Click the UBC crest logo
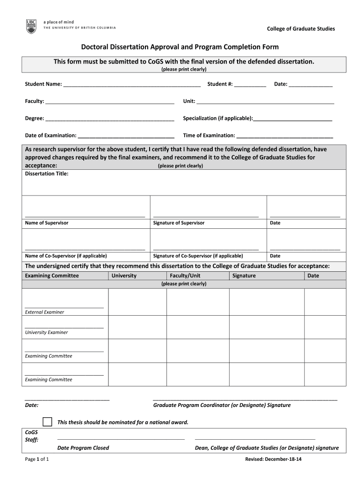click(x=31, y=27)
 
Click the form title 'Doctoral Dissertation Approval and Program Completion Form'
click(x=180, y=47)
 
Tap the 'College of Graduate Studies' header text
click(x=301, y=29)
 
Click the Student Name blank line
click(x=132, y=85)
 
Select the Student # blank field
click(x=250, y=85)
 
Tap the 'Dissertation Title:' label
click(x=47, y=174)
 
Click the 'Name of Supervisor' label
click(x=47, y=223)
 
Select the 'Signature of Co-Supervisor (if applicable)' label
click(x=198, y=256)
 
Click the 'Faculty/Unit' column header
click(x=185, y=276)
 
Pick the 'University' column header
click(x=124, y=276)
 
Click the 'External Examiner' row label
click(x=44, y=312)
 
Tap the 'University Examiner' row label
click(x=46, y=333)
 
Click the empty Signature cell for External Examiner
click(x=266, y=302)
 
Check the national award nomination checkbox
click(x=47, y=421)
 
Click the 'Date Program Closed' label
click(x=83, y=448)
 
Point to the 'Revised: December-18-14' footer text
click(x=274, y=459)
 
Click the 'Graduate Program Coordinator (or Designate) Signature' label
click(x=222, y=405)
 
